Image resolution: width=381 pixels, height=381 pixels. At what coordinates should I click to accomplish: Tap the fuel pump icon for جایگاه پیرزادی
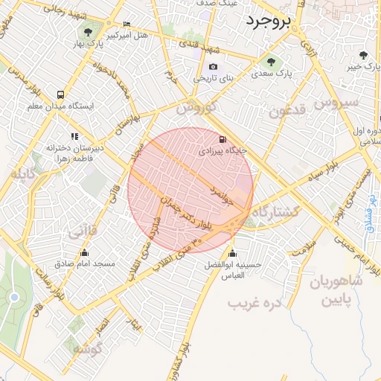pyautogui.click(x=222, y=139)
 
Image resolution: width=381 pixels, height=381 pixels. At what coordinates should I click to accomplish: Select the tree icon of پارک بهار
pyautogui.click(x=89, y=31)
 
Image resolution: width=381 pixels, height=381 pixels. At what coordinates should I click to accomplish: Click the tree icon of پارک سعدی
pyautogui.click(x=270, y=63)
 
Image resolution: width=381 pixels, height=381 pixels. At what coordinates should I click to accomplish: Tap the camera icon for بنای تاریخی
pyautogui.click(x=214, y=67)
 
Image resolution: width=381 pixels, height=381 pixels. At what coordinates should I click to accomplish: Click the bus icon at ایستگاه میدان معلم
pyautogui.click(x=60, y=95)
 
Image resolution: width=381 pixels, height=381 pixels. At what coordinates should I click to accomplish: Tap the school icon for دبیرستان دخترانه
pyautogui.click(x=74, y=136)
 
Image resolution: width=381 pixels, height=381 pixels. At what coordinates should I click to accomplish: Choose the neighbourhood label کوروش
pyautogui.click(x=196, y=107)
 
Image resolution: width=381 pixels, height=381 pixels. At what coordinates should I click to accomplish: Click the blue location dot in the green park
pyautogui.click(x=14, y=298)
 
